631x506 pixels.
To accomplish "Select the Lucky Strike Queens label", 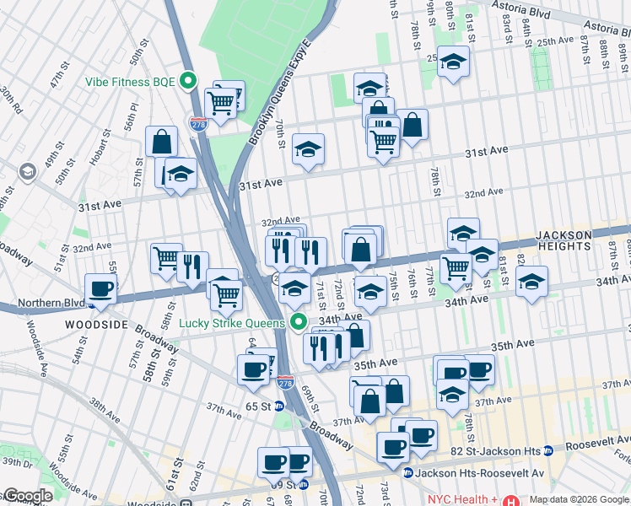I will (235, 322).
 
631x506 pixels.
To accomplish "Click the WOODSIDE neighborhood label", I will (97, 325).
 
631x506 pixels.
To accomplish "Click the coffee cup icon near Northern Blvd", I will (101, 288).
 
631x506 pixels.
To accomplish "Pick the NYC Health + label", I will (463, 498).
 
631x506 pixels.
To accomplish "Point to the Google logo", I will (27, 496).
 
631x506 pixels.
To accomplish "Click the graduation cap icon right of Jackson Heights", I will (531, 283).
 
